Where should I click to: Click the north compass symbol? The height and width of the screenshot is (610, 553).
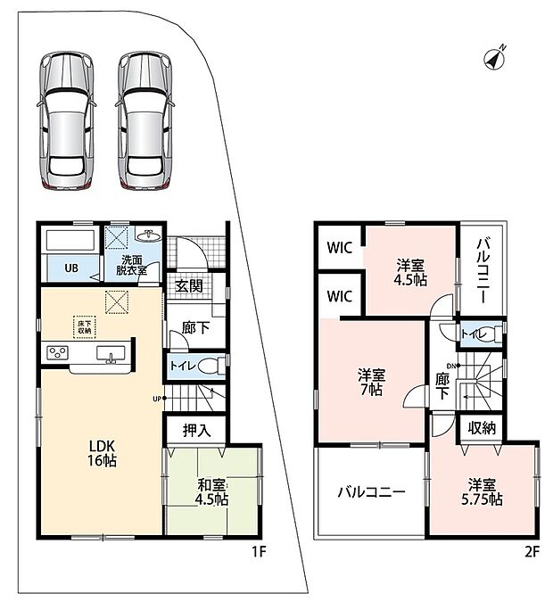495,58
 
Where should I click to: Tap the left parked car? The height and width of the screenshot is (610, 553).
67,120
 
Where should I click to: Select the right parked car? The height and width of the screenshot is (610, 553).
144,120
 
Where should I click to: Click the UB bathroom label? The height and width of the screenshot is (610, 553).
71,268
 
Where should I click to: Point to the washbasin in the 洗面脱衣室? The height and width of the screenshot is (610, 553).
149,235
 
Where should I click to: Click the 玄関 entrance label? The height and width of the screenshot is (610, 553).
189,286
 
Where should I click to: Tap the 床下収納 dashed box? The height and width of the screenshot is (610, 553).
84,326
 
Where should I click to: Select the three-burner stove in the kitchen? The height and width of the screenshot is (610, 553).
58,353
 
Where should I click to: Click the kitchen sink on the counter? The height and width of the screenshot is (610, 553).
111,354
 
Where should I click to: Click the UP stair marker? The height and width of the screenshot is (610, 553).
159,399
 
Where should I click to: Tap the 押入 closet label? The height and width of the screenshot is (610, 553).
197,430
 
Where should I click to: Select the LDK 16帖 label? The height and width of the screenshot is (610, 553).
102,453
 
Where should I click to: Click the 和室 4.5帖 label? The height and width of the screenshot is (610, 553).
211,492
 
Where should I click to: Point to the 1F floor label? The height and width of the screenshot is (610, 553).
259,552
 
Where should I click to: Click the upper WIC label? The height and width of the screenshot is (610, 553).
339,248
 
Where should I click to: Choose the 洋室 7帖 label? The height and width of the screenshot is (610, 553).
372,382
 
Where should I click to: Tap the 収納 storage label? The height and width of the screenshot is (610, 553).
482,428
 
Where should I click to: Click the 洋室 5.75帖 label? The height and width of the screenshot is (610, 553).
483,492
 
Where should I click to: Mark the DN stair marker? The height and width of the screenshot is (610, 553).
454,366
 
